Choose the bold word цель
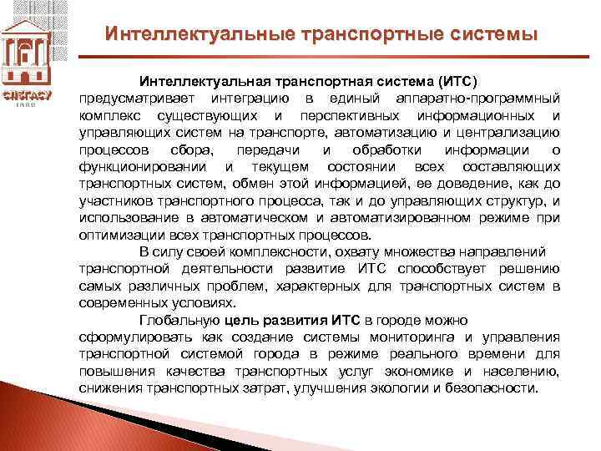(x=243, y=321)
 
